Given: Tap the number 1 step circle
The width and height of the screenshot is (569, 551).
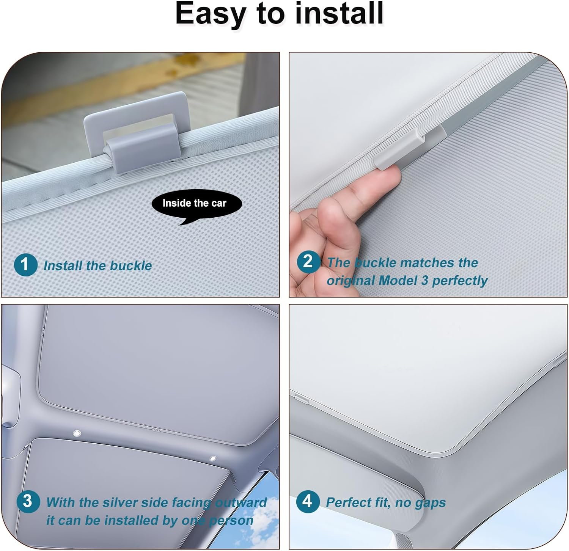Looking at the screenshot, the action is tap(25, 265).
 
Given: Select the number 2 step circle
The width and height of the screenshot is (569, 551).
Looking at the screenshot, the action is tap(308, 262).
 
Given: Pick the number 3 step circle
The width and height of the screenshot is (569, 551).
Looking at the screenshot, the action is tap(28, 501).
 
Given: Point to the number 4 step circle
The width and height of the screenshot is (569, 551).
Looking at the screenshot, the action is tap(308, 501).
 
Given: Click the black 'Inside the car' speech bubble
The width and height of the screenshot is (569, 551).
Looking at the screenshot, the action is tap(196, 205).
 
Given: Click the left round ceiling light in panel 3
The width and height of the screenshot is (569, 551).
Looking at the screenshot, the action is tap(77, 433).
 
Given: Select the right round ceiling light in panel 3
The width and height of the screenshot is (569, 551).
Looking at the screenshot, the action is tap(212, 459).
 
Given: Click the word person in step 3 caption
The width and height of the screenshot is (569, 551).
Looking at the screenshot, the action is tap(231, 521).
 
